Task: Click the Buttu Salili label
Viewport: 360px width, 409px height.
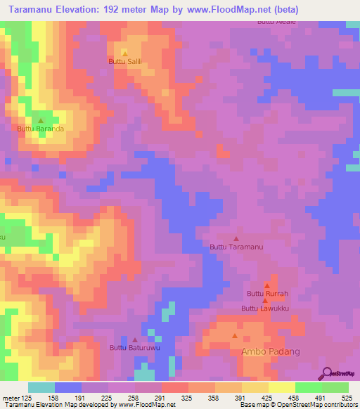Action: [125, 62]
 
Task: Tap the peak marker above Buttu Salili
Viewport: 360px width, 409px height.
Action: [125, 53]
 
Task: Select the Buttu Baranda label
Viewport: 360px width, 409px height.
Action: [41, 129]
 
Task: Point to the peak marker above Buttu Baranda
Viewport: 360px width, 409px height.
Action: [40, 120]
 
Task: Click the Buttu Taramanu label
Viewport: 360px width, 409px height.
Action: [236, 247]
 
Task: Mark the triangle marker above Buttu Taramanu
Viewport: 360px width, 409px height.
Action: [236, 238]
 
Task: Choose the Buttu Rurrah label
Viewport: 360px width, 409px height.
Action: [267, 294]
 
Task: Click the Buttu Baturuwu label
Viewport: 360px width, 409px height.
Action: [135, 347]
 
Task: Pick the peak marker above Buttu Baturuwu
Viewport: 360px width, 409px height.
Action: [135, 339]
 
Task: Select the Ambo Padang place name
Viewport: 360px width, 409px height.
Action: [271, 351]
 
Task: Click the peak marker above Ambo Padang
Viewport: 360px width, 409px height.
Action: [235, 335]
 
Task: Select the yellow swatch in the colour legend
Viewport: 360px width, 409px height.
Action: [281, 387]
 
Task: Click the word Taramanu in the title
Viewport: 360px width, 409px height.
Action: [35, 10]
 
